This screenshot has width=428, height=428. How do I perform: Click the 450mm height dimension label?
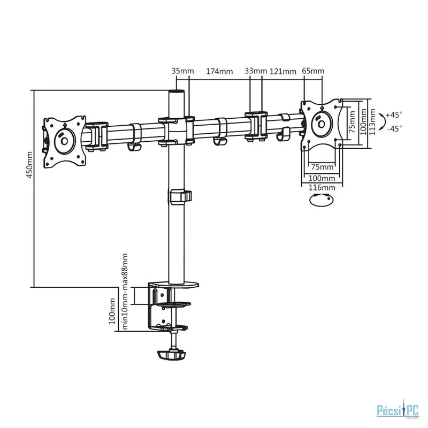point(29,165)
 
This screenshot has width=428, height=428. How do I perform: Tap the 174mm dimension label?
point(219,72)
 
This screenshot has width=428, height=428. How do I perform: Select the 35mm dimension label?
point(182,71)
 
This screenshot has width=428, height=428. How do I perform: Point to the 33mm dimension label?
point(256,71)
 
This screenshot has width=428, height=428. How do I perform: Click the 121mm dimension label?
point(283,72)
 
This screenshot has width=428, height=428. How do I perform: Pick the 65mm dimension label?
point(313,71)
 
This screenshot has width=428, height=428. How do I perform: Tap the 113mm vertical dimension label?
point(372,122)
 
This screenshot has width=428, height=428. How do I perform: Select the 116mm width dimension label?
point(322,188)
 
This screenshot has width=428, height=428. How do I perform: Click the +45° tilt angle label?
point(394,114)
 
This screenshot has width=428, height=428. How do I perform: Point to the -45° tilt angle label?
point(395,128)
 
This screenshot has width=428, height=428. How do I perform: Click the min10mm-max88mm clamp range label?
point(125,292)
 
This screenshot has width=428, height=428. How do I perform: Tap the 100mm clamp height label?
point(112,311)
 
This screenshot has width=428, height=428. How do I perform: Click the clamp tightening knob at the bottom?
point(171,355)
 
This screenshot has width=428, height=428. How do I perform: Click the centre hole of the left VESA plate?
point(64,141)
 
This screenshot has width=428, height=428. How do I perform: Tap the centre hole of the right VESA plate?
point(322,125)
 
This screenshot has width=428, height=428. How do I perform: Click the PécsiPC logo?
point(398,410)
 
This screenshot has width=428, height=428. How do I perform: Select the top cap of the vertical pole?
point(177,92)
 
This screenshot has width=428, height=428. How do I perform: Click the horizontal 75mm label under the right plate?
point(323,167)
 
